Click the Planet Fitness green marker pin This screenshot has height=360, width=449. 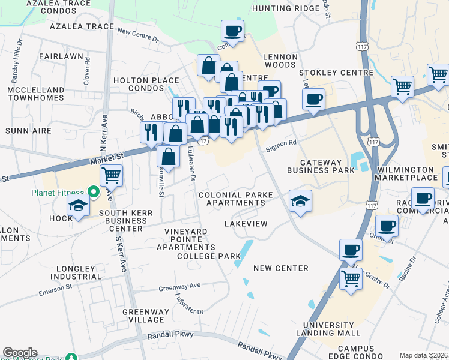point(93,192)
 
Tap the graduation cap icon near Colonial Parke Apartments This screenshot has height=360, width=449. point(300,200)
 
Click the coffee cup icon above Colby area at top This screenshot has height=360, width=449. point(232,31)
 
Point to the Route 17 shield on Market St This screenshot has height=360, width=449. point(204,140)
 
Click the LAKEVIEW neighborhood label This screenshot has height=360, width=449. point(245,223)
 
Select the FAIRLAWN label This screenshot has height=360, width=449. point(60,56)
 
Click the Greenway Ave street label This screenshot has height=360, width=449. point(179,287)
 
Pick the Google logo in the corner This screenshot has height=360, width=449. point(20,353)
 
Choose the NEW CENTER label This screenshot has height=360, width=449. point(281,268)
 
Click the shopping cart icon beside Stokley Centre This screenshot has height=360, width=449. point(402,86)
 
